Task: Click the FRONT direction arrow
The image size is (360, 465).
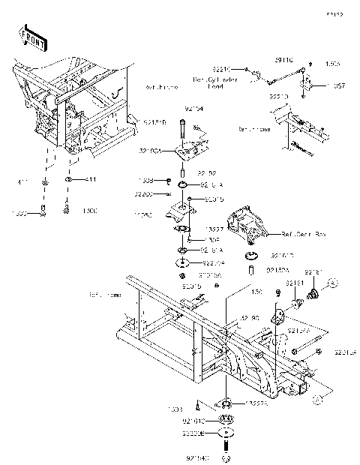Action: (31, 36)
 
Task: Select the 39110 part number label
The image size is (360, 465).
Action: (283, 58)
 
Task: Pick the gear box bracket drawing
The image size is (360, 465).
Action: (247, 224)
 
